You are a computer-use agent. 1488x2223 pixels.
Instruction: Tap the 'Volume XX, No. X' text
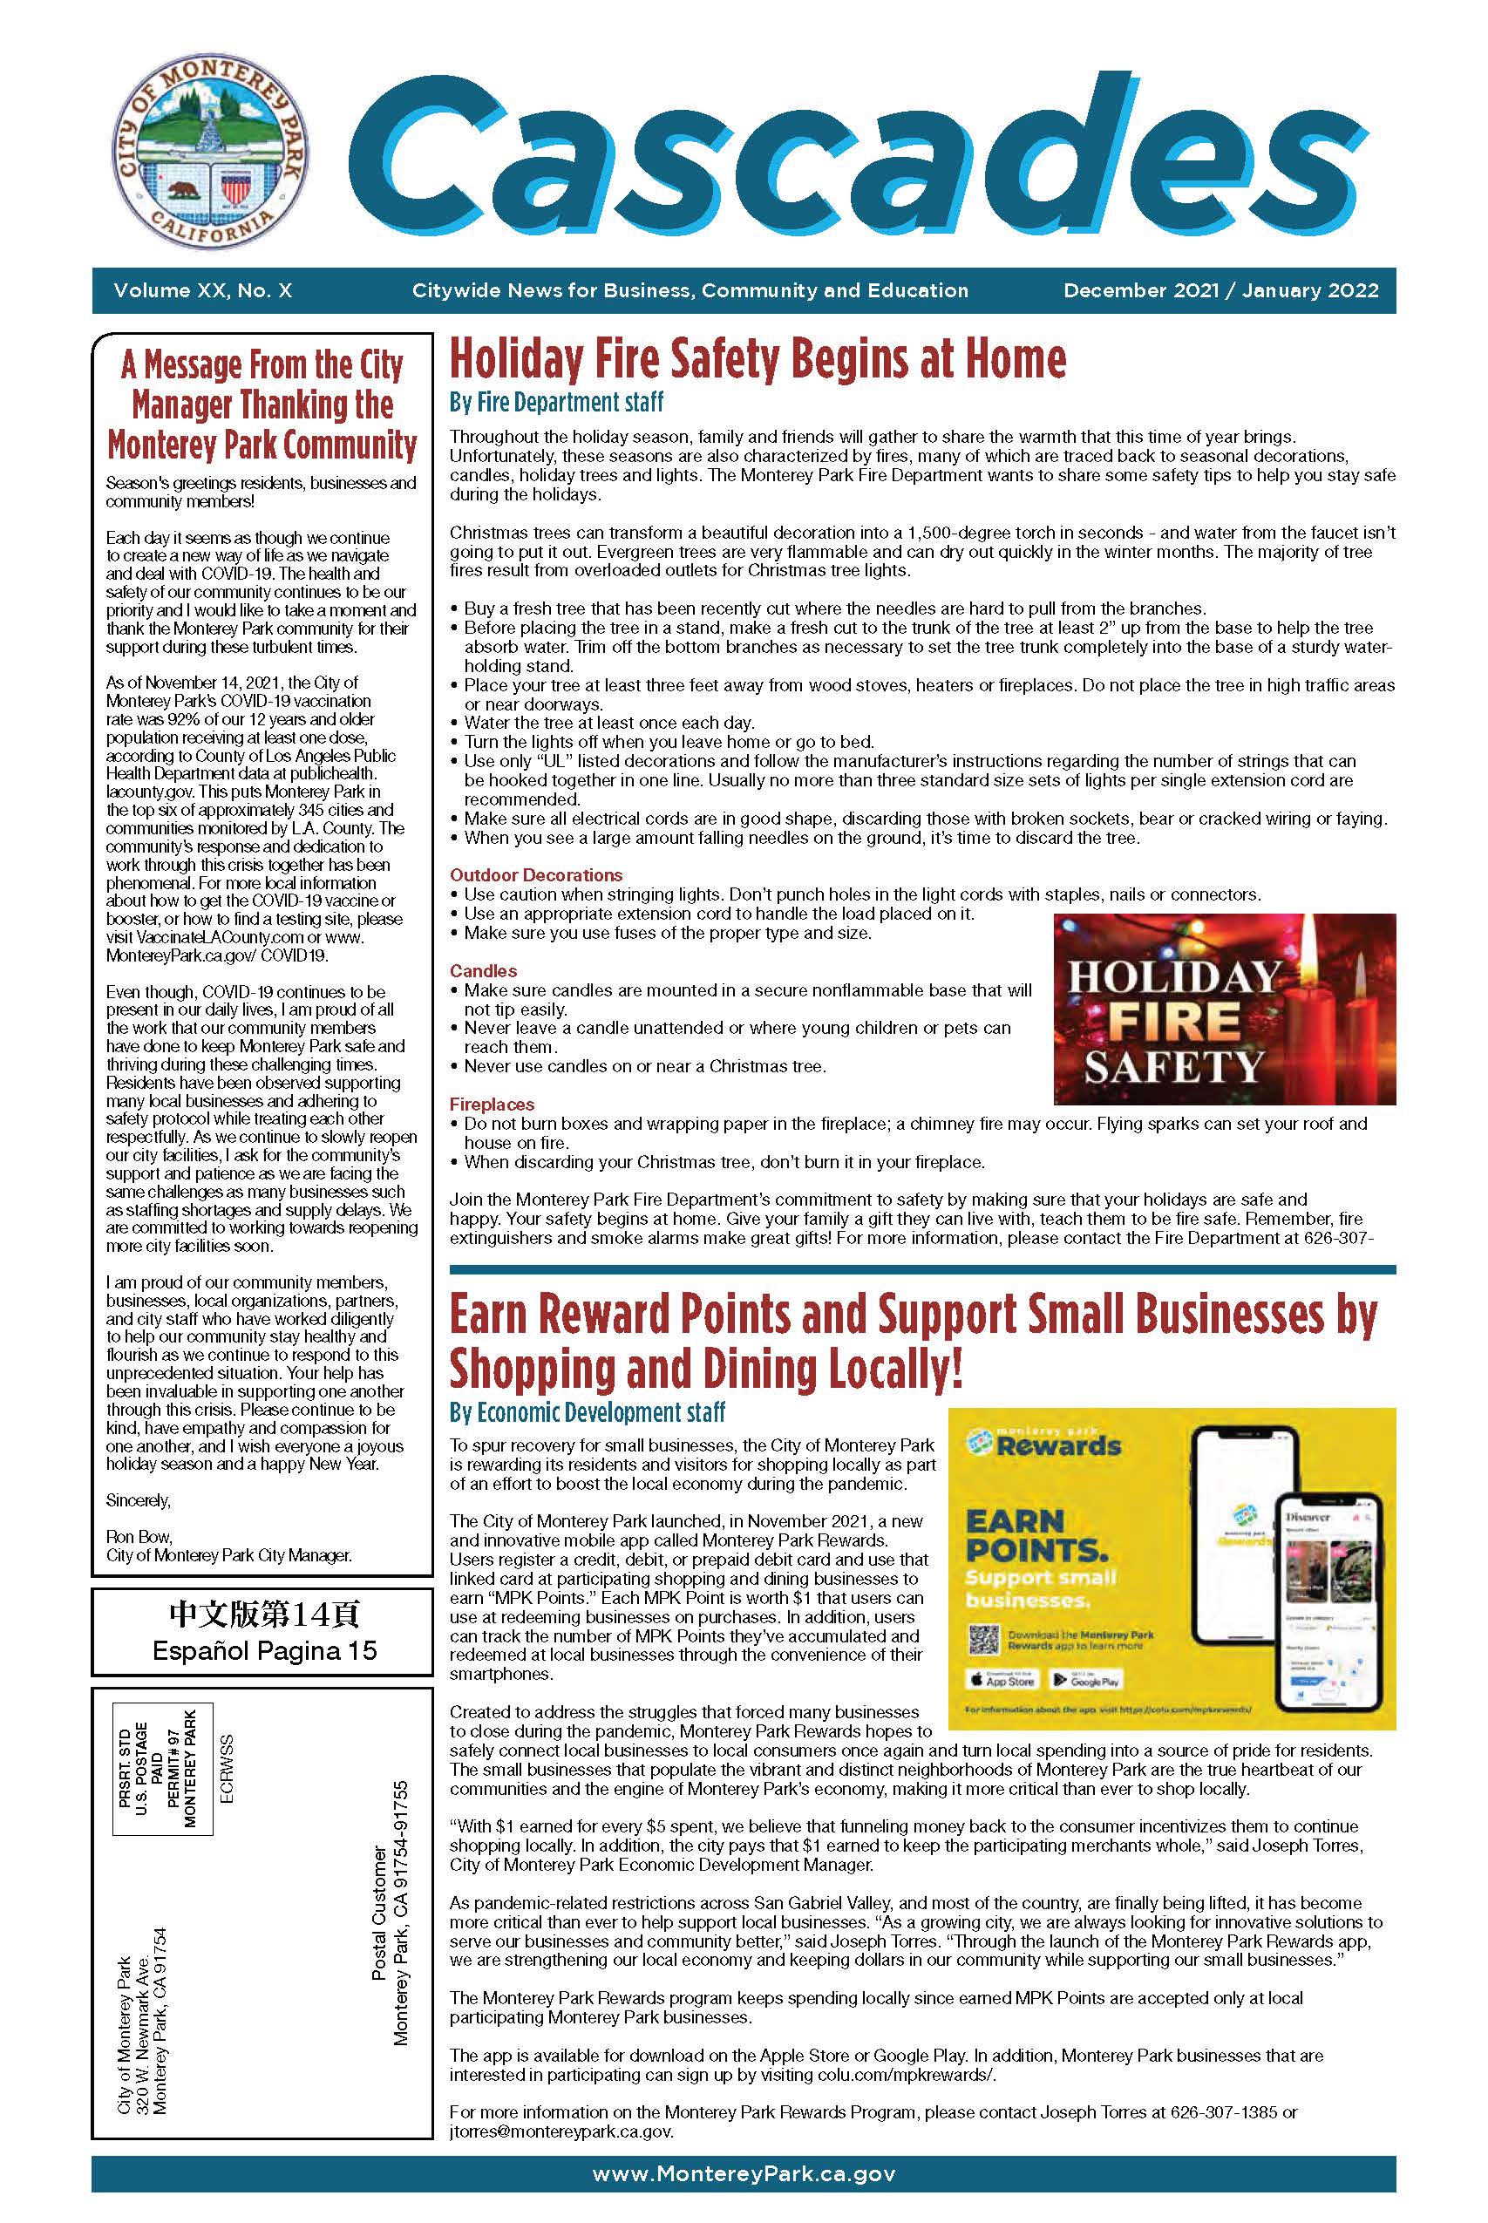(203, 290)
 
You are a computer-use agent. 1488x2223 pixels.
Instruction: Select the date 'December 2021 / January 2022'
(1220, 290)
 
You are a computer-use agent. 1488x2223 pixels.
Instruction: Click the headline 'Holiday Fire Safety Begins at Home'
(758, 359)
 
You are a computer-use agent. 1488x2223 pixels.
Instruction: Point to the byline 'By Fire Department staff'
(556, 402)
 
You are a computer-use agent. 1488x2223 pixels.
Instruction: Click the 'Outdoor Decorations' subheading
(536, 874)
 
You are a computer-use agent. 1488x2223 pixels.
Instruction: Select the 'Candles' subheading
(483, 970)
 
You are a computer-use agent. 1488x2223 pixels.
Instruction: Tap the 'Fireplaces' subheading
(492, 1105)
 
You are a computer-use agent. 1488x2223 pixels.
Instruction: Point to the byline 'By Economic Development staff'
(588, 1411)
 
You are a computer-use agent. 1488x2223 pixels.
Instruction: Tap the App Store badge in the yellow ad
(1002, 1680)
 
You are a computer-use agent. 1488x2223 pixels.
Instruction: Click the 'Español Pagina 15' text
(265, 1651)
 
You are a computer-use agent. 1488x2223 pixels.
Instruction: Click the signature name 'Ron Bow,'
(139, 1536)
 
